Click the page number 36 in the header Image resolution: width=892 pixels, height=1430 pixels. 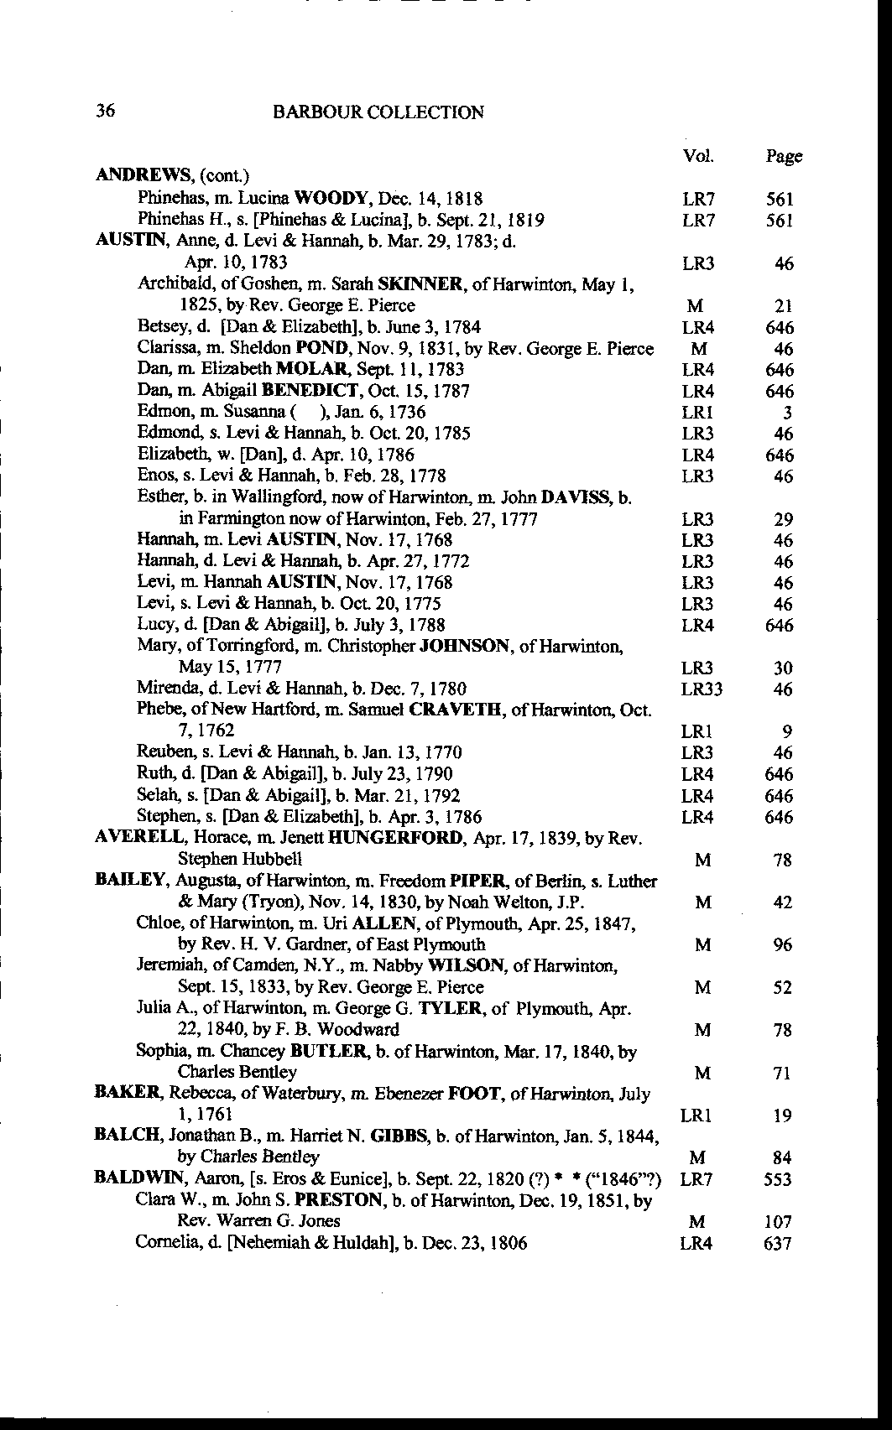pos(106,111)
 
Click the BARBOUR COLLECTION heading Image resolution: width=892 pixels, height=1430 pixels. pos(378,112)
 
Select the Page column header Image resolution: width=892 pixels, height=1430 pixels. pos(784,156)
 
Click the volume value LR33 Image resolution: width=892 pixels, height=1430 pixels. pos(702,689)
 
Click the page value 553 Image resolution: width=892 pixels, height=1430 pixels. pos(779,1179)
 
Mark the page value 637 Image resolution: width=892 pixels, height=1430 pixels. pos(779,1243)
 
